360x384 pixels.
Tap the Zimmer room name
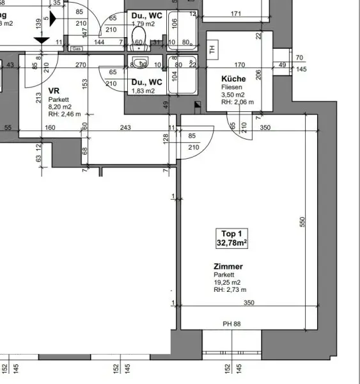point(228,266)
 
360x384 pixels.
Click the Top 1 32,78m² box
point(231,239)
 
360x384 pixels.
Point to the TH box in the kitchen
point(213,47)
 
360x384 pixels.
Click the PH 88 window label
point(231,324)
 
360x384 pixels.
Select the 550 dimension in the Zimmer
point(303,221)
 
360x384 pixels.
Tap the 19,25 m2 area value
point(228,282)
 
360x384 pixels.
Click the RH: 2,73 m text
point(229,290)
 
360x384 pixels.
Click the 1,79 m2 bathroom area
point(144,24)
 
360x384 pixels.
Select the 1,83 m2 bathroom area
point(143,91)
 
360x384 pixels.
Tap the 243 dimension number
point(125,128)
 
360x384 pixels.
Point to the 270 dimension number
point(81,65)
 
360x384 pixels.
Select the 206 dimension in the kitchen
point(258,74)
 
